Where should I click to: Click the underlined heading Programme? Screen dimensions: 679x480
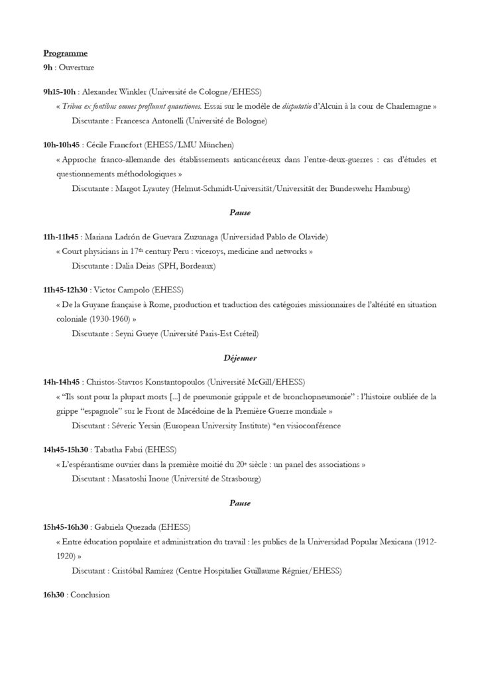tap(65, 53)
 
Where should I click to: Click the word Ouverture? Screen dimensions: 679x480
tap(76, 68)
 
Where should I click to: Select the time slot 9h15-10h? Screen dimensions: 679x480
tap(60, 92)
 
